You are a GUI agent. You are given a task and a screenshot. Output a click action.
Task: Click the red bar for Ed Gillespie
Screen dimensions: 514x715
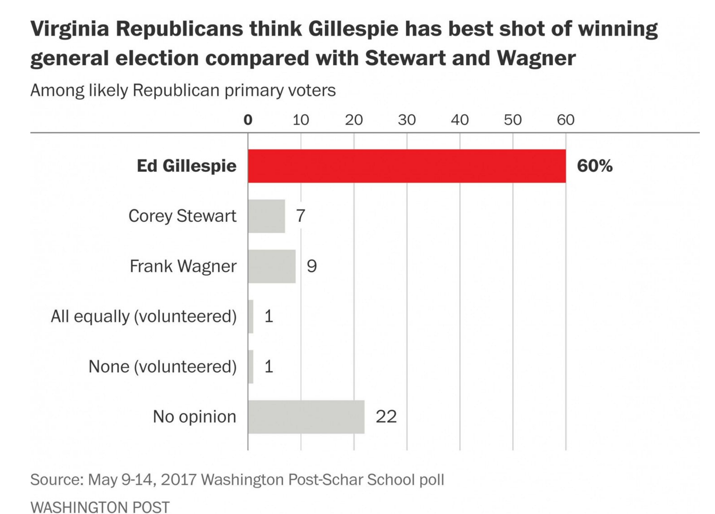coord(407,166)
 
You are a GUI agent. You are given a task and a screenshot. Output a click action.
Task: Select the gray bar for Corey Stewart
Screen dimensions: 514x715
coord(266,216)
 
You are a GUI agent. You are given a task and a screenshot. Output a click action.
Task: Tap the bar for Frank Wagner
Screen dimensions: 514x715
coord(272,266)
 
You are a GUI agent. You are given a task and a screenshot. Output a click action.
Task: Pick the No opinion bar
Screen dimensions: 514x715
coord(306,417)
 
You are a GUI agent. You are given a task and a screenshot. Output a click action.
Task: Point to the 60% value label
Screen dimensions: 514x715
coord(594,166)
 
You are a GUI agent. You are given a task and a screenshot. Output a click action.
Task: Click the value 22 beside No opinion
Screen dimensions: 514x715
coord(386,417)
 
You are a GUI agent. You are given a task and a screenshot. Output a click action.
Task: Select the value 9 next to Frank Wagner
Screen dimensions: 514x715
coord(311,266)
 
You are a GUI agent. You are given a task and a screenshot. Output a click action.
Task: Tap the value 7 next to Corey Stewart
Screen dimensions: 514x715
coord(300,216)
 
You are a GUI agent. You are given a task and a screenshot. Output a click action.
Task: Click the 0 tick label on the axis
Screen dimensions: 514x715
coord(248,120)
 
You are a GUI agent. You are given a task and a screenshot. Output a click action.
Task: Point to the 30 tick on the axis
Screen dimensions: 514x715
coord(407,120)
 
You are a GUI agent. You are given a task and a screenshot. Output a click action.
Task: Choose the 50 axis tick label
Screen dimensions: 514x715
coord(513,120)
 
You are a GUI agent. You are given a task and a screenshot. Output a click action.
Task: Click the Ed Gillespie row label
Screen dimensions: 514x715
coord(186,166)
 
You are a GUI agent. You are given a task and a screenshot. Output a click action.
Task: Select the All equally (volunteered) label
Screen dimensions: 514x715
coord(143,316)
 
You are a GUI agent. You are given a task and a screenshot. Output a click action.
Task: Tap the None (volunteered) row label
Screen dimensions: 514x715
coord(162,367)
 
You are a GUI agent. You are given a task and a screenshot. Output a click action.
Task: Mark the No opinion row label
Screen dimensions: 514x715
coord(194,417)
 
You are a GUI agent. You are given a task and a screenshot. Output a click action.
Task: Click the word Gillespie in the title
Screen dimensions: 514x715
coord(353,29)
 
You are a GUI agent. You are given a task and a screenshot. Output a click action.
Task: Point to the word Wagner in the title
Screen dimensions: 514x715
coord(536,58)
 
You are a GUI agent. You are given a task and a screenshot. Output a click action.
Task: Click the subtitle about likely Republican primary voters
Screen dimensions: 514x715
coord(183,90)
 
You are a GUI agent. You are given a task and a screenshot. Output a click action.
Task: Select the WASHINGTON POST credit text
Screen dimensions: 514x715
coord(100,507)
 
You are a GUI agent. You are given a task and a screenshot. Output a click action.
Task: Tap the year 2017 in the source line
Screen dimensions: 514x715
coord(178,480)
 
